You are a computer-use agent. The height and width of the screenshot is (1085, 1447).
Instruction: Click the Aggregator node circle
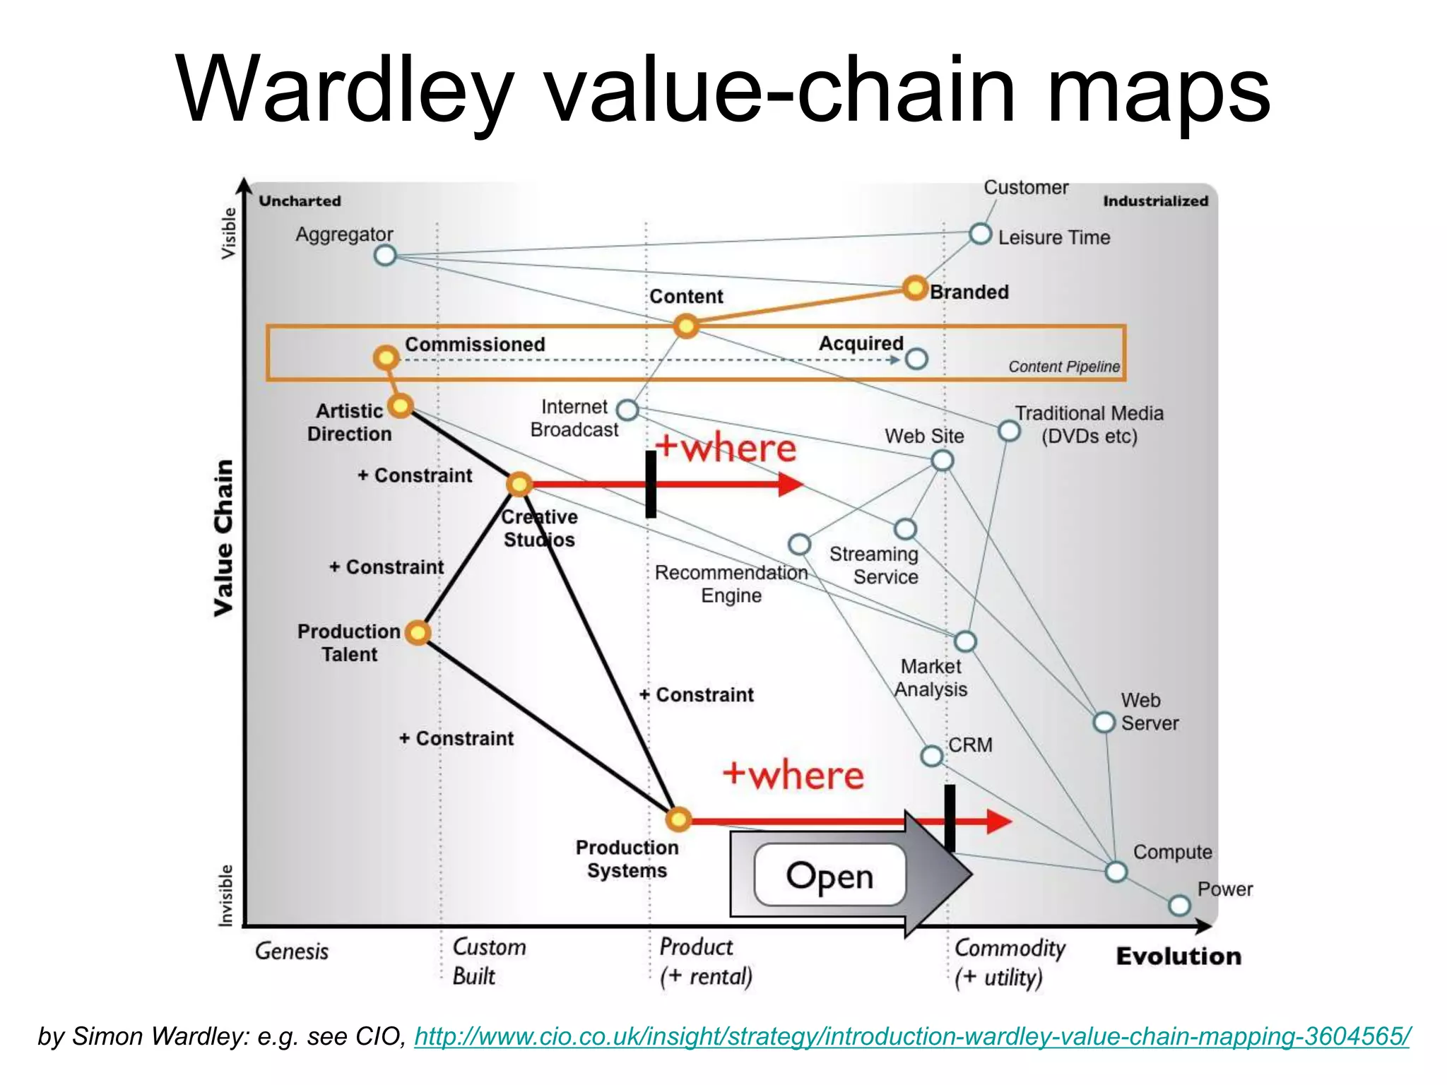385,255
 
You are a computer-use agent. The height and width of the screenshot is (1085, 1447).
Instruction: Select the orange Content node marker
685,326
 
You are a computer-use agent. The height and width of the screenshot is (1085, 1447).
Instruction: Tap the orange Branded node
915,288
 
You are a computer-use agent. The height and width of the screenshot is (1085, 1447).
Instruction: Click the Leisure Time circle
980,234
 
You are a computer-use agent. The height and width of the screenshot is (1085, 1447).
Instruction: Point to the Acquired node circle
916,359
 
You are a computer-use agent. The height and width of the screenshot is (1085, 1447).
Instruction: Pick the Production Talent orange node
418,632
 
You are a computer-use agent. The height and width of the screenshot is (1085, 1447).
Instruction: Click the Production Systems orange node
678,819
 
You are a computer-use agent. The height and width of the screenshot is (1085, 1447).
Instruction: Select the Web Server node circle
1104,723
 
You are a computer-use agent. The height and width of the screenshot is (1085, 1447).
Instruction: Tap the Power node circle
1179,906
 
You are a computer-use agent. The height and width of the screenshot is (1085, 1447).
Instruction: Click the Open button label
829,876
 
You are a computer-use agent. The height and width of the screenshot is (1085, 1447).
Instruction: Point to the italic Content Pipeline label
1063,367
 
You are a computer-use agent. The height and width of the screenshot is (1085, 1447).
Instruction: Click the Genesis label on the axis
292,951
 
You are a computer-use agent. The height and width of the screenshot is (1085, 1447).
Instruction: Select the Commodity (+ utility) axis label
1009,962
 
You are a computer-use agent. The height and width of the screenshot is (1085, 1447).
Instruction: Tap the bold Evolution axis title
1178,956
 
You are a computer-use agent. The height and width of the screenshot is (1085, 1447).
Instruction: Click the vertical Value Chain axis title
224,538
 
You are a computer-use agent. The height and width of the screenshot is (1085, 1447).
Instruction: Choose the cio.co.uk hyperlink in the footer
911,1036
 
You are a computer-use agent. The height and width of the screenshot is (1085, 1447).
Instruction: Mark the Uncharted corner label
300,201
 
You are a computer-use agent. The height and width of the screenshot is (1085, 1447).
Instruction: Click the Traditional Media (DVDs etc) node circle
1009,430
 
